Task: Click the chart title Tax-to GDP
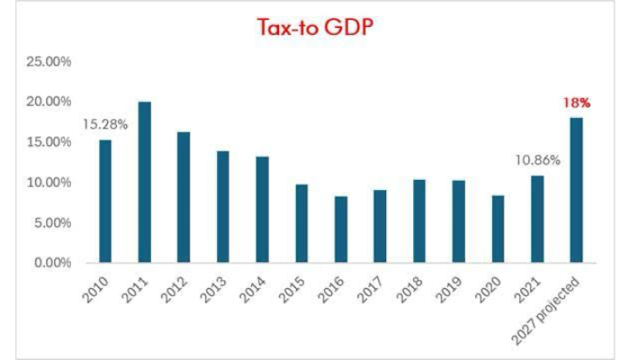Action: pyautogui.click(x=314, y=28)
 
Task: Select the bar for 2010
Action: pyautogui.click(x=105, y=202)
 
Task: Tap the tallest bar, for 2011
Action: pyautogui.click(x=144, y=183)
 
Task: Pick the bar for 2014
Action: pyautogui.click(x=262, y=210)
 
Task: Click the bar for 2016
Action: pyautogui.click(x=340, y=229)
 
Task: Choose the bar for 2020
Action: pyautogui.click(x=498, y=229)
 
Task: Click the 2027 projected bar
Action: pyautogui.click(x=576, y=190)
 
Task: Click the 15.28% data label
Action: pyautogui.click(x=105, y=123)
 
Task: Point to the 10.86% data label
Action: pyautogui.click(x=536, y=159)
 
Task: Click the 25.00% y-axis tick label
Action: pyautogui.click(x=51, y=61)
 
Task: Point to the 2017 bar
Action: pyautogui.click(x=380, y=226)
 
